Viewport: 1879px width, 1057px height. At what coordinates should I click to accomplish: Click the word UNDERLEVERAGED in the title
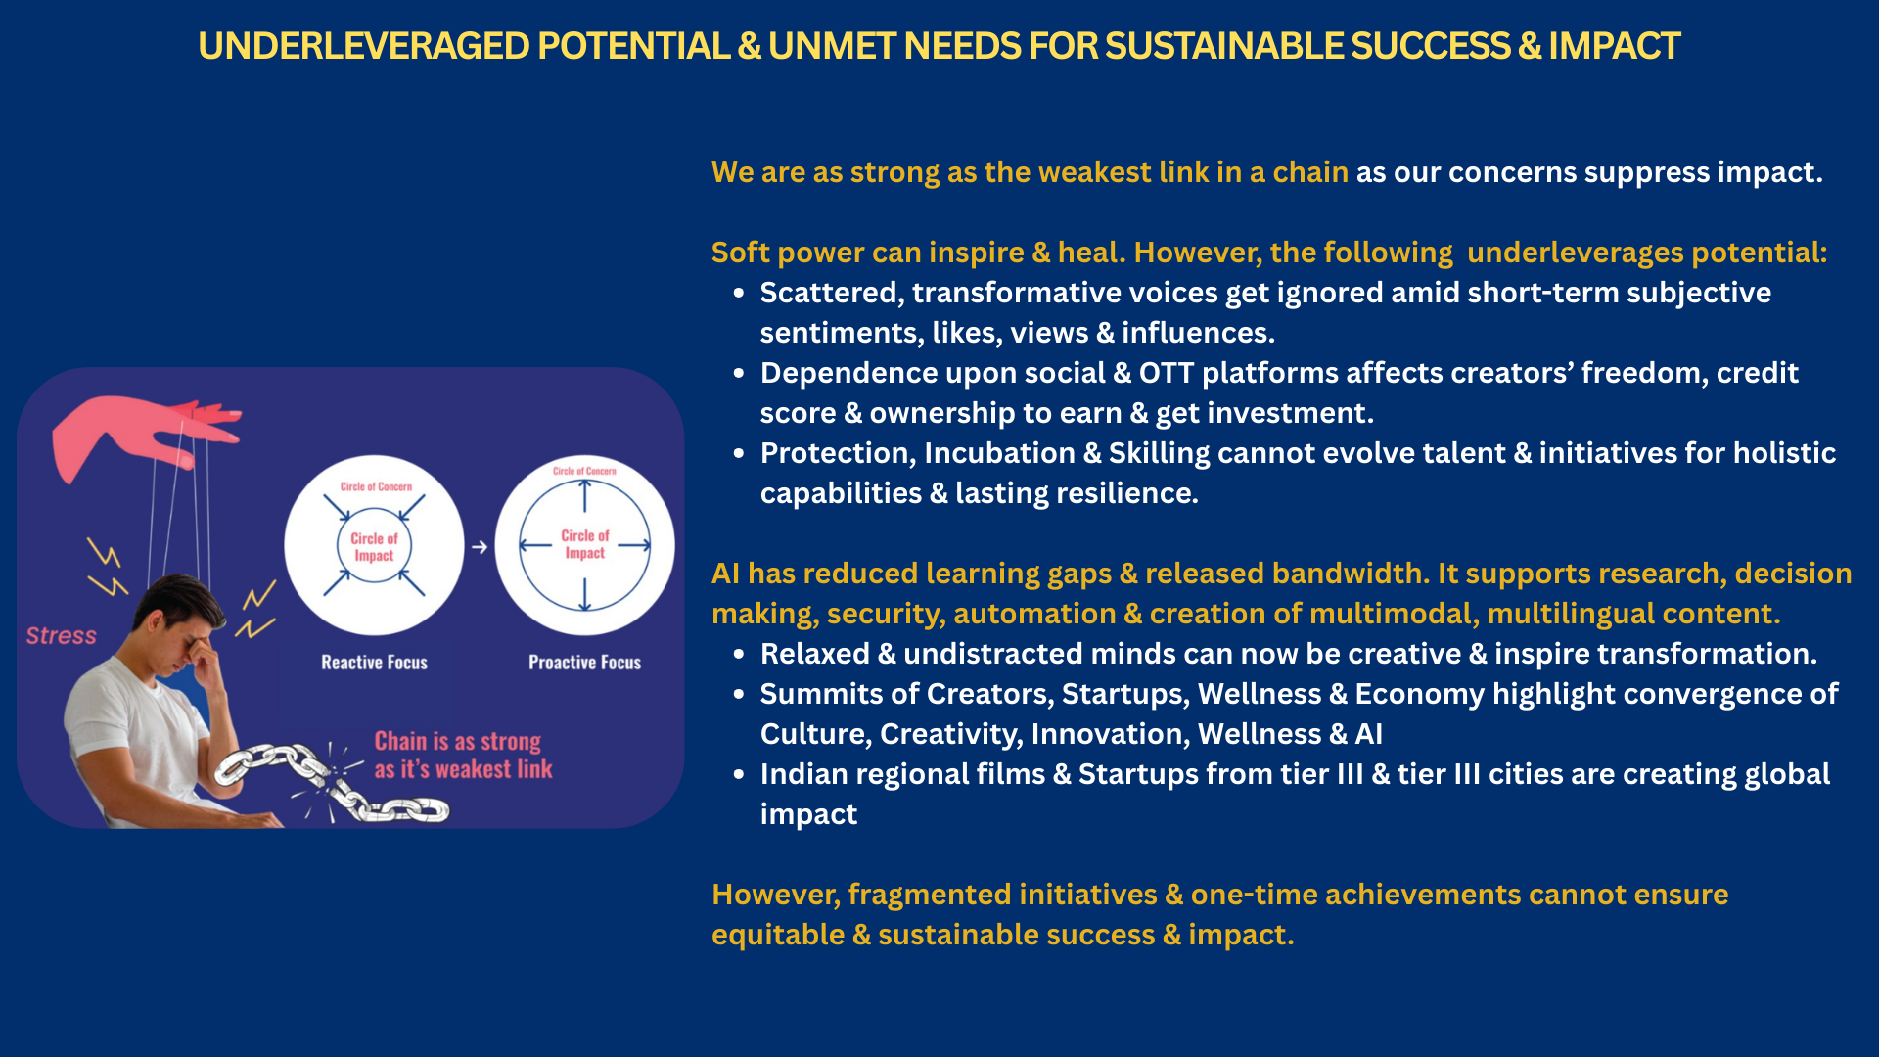364,46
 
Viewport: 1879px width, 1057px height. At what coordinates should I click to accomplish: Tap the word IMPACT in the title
1614,46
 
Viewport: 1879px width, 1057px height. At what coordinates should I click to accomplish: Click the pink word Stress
62,636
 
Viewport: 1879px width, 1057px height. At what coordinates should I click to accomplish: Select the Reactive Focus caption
375,663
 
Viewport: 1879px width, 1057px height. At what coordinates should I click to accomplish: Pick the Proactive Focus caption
585,663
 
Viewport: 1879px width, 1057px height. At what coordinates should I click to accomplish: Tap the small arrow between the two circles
480,547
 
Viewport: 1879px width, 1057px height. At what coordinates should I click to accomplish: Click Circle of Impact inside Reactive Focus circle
374,547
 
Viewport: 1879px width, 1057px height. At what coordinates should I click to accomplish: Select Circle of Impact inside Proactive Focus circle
585,544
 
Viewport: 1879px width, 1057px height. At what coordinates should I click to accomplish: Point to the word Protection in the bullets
838,453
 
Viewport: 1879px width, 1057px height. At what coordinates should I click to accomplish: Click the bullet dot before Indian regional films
739,774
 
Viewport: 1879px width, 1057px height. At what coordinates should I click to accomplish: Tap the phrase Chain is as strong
458,742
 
